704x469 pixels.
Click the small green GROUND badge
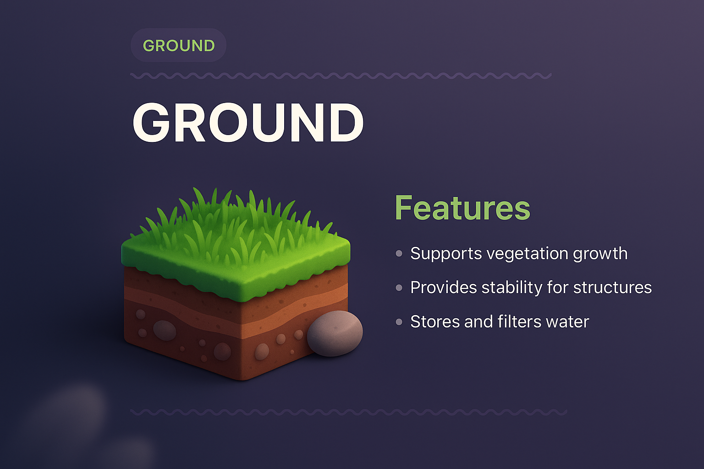tap(179, 45)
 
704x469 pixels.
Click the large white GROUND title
tap(248, 122)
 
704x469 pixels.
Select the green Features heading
tap(462, 208)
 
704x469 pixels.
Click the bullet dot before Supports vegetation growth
tap(399, 253)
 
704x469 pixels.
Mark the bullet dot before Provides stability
tap(399, 288)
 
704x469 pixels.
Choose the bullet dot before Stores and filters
tap(399, 322)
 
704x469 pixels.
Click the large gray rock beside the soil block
tap(335, 333)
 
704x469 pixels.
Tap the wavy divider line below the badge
tap(341, 76)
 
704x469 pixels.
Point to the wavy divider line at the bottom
tap(348, 412)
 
